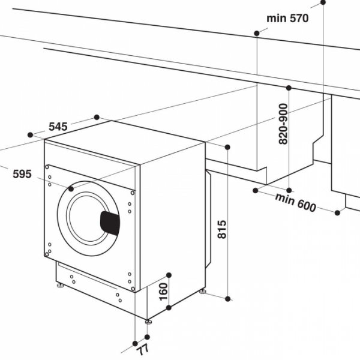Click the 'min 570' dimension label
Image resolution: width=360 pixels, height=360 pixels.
287,18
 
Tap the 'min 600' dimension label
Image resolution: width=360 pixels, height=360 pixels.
295,202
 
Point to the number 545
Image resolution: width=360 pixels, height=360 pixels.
58,127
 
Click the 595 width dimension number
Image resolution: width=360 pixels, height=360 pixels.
22,174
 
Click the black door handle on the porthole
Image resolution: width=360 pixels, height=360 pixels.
109,223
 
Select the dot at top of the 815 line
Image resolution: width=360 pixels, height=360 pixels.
228,146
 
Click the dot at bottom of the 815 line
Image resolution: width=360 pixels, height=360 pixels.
228,298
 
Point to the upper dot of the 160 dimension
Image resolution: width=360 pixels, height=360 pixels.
169,275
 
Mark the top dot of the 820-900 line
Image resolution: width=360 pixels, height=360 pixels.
289,88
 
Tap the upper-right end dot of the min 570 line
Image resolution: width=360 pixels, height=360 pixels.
324,2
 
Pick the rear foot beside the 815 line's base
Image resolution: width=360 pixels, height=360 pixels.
203,292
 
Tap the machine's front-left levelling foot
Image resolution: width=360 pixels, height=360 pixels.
60,286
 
